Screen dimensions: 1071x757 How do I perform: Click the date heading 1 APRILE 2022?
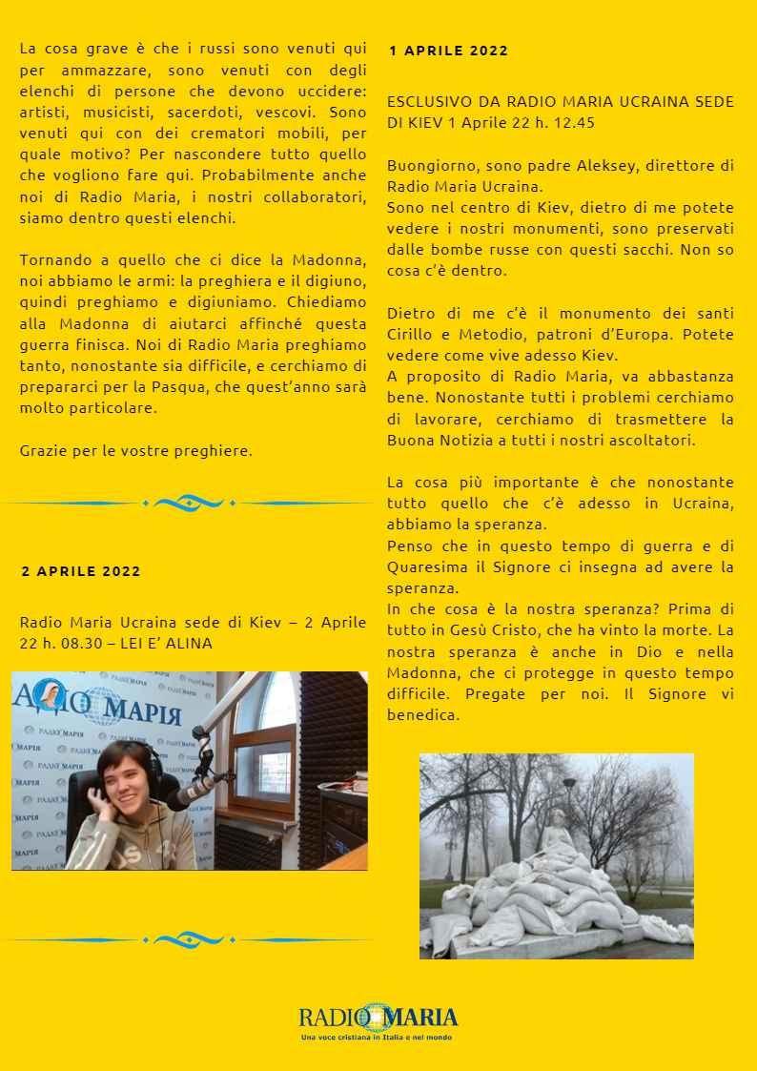pos(448,51)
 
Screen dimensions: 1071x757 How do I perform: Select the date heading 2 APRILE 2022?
pos(81,571)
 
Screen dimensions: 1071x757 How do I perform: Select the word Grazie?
pos(43,450)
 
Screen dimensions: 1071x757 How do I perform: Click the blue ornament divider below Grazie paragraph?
pos(189,503)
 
